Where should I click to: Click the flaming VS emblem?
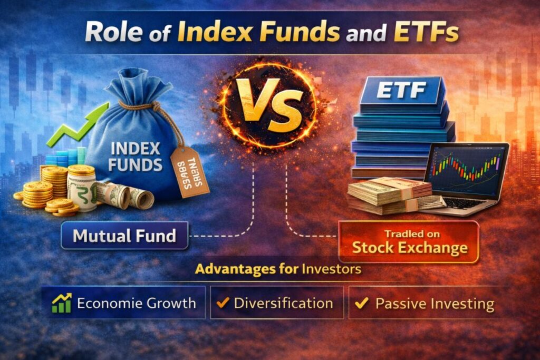coord(269,105)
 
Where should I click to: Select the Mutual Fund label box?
coord(124,236)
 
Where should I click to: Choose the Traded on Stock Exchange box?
coord(409,241)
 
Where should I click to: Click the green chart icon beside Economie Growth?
coord(61,303)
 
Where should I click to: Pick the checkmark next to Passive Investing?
coord(362,303)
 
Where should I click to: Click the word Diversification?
coord(283,303)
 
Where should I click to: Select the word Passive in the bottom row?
coord(398,304)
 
